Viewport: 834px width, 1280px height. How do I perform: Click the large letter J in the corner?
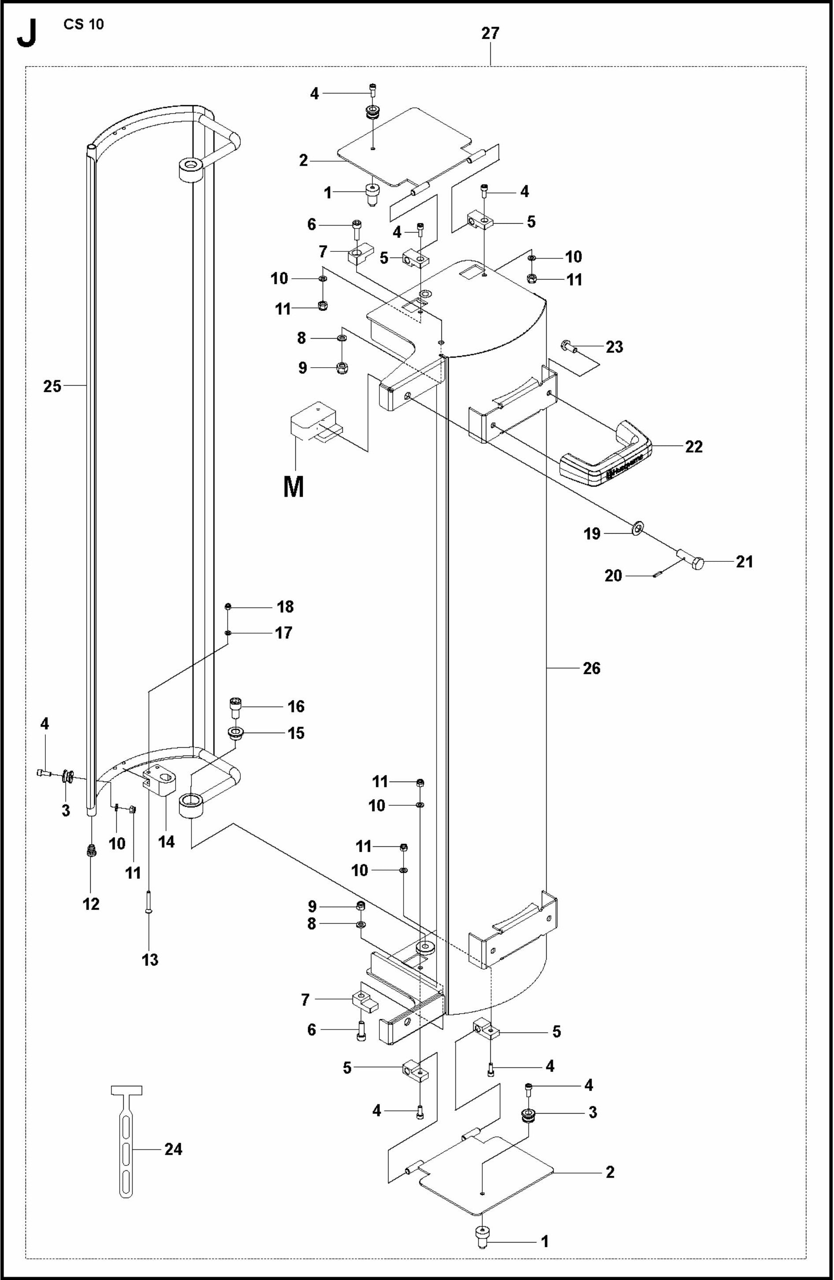(27, 35)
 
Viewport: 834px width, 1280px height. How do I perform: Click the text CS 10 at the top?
(83, 24)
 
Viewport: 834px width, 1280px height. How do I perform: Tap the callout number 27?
(490, 33)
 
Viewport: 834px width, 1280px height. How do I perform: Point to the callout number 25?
(52, 386)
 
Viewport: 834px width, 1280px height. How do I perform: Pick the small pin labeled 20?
(659, 575)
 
